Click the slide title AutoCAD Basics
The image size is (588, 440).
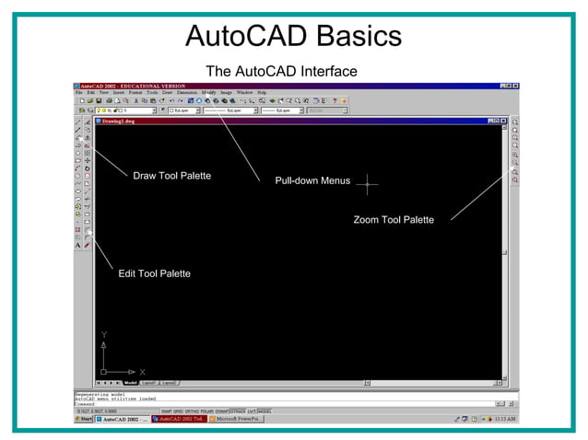pos(293,36)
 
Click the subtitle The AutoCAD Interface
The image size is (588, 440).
pos(281,71)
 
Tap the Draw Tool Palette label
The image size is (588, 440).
pos(172,175)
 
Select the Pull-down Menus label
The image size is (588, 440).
pos(312,180)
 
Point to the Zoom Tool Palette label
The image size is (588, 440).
pos(394,219)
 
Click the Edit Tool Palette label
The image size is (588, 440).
pos(155,273)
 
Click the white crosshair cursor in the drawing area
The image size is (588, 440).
pos(367,184)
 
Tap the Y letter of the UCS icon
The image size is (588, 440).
pos(104,335)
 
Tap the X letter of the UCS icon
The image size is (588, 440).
pos(142,372)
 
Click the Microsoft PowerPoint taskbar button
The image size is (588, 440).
pos(237,419)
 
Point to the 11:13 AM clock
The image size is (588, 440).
pos(505,419)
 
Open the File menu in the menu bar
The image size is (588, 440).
pos(79,93)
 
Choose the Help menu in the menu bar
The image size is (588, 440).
pos(262,93)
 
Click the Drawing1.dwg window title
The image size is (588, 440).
pos(117,121)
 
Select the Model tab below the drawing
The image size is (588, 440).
pos(130,382)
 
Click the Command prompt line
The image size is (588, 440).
pos(86,403)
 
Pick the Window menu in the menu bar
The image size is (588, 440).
pos(244,93)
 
